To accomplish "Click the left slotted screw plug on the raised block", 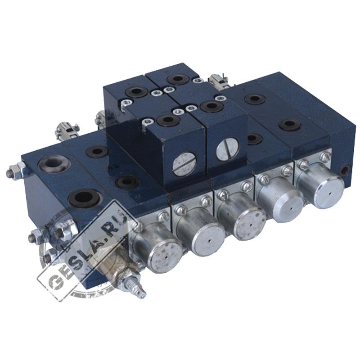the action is (184, 164).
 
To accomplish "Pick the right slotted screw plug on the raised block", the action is (228, 149).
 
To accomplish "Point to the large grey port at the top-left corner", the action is (54, 163).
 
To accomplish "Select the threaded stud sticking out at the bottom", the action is (134, 285).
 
